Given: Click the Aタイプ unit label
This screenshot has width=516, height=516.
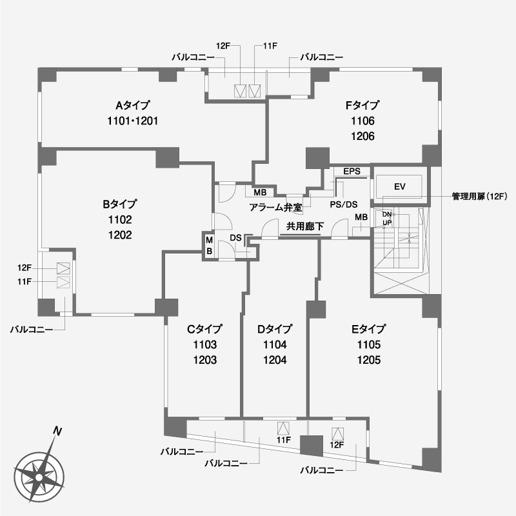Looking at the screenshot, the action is click(x=133, y=105).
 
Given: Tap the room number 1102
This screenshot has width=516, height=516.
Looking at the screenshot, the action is click(x=120, y=219).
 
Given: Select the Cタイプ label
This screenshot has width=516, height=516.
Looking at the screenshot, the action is click(x=204, y=329).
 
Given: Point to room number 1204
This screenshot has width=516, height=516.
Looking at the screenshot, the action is click(x=275, y=360).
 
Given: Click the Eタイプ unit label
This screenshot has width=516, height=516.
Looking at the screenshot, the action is click(x=369, y=329).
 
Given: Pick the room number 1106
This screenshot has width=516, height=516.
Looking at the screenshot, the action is click(x=362, y=121).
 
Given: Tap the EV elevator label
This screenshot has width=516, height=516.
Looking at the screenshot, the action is click(x=400, y=187).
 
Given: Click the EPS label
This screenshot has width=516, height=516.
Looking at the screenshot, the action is click(x=352, y=172).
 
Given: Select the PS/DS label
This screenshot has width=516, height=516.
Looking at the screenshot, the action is click(x=344, y=204).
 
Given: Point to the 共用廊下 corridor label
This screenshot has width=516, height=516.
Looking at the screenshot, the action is click(x=305, y=226).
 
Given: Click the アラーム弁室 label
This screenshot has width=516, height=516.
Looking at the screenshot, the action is click(x=276, y=207).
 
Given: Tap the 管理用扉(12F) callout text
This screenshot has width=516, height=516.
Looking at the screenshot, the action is click(x=480, y=197).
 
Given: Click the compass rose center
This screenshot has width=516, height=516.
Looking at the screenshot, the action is click(x=39, y=477).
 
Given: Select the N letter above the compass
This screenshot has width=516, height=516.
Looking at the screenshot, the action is click(x=58, y=431).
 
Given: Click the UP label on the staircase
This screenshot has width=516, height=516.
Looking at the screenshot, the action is click(x=387, y=223).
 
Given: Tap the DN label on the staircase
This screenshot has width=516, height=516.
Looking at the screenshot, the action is click(x=387, y=215).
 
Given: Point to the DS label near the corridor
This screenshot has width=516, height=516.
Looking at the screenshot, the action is click(x=235, y=238).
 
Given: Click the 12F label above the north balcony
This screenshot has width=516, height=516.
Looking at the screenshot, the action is click(x=223, y=46).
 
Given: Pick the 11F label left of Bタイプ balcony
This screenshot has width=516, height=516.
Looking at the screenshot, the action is click(x=25, y=282).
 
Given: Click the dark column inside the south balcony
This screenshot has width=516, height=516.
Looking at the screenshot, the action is click(x=312, y=446).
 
